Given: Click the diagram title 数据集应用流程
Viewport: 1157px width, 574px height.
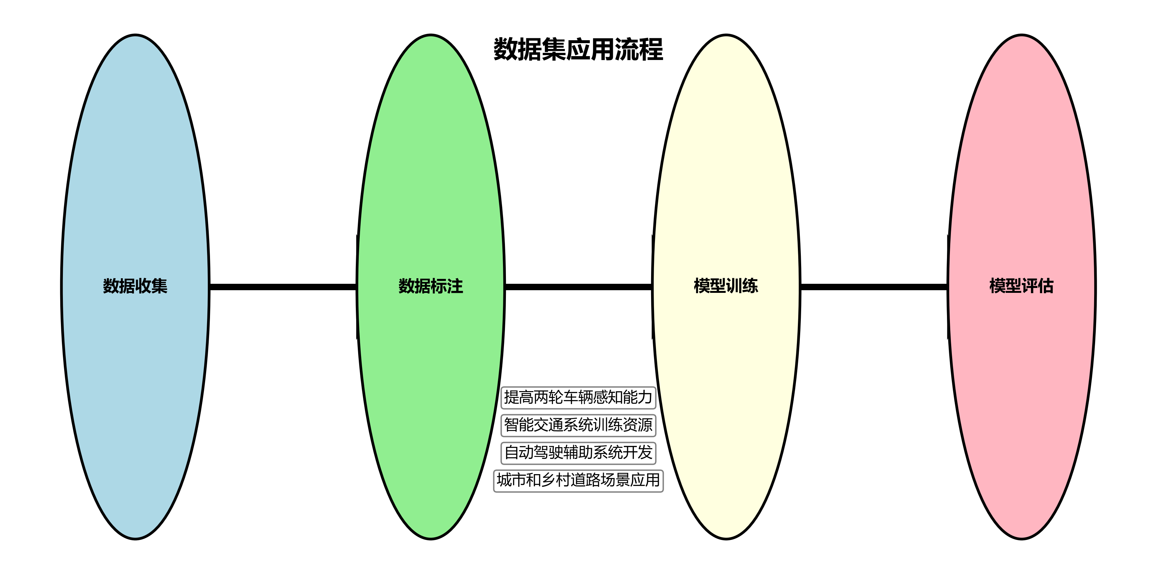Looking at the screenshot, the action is (578, 49).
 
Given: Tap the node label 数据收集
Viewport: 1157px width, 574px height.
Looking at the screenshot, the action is (135, 286).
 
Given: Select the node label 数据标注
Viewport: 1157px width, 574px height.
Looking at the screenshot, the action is (430, 286).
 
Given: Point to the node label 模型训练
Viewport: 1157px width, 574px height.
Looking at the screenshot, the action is (726, 286).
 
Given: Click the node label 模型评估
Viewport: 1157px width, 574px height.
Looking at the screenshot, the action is (1021, 286).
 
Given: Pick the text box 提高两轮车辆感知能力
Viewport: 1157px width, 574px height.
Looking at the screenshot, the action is (578, 397).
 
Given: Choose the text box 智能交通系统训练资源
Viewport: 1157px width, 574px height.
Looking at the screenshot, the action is (578, 425).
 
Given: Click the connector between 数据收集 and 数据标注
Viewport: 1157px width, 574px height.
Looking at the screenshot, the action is (283, 287).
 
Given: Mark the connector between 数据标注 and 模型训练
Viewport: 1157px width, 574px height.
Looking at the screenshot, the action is (578, 287).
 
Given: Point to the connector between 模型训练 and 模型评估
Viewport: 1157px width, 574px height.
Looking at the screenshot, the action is (874, 287).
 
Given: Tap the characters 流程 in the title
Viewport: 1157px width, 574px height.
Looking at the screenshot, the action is (639, 49).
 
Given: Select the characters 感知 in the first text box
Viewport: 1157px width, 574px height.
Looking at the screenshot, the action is (608, 397).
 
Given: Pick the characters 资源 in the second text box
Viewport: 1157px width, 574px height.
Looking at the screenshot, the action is (638, 425).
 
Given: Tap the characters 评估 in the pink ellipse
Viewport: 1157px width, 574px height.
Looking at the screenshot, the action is (1037, 286).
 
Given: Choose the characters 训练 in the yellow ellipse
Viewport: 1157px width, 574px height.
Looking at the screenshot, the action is (742, 286).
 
